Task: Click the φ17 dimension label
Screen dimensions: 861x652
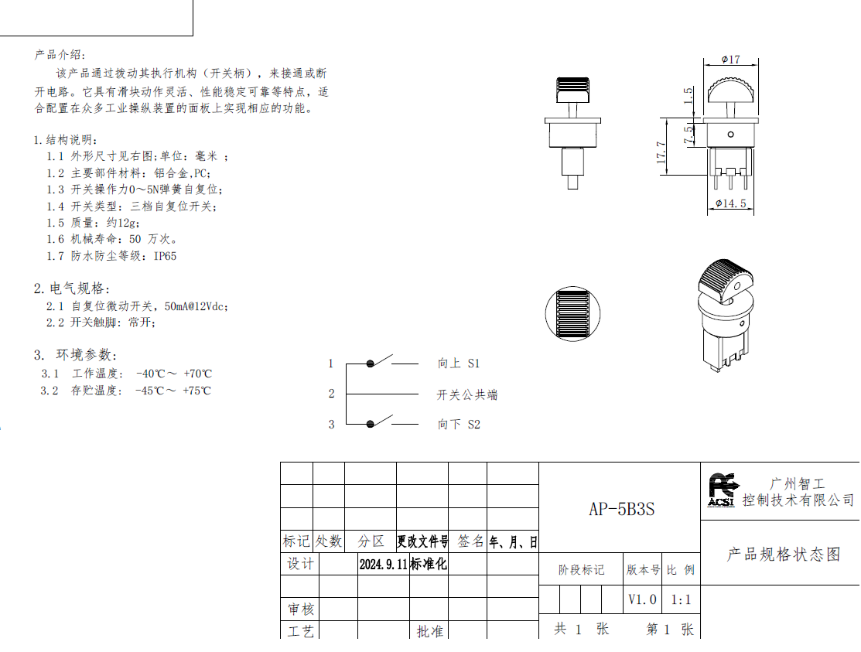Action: point(730,60)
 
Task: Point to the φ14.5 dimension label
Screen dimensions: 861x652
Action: point(731,203)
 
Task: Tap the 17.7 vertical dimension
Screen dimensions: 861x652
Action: point(661,152)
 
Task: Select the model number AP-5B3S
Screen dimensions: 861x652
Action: point(622,509)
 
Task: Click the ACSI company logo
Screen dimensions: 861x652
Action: point(721,490)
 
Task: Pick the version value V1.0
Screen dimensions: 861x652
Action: point(642,599)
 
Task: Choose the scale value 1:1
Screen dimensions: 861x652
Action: point(681,600)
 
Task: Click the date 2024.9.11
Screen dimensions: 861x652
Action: point(383,564)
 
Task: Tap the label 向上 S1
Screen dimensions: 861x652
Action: point(459,364)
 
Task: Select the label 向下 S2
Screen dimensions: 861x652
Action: point(459,425)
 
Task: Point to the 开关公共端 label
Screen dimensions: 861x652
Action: point(466,394)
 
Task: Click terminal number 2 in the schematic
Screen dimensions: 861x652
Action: point(331,394)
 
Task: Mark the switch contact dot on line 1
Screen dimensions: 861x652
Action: point(370,364)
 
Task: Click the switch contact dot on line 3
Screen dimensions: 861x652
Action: point(370,424)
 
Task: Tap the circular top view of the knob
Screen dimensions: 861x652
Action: point(572,314)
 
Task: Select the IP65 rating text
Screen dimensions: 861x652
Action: point(165,256)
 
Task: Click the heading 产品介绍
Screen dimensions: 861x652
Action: point(60,55)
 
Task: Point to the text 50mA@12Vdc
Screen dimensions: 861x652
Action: point(196,306)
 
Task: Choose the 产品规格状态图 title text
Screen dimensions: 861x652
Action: point(784,555)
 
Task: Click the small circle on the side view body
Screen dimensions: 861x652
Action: point(730,135)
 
